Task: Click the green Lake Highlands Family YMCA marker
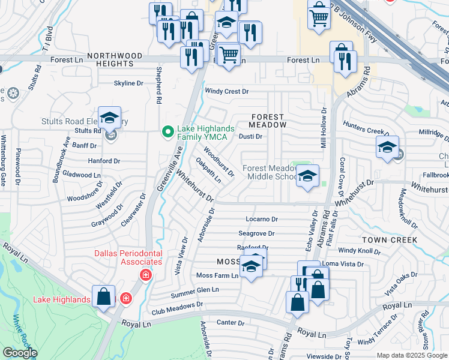click(x=169, y=130)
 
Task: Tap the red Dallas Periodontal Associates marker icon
click(x=145, y=275)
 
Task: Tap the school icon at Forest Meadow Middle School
click(x=307, y=176)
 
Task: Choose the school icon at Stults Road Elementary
click(x=109, y=118)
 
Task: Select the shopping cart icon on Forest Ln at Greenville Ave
click(x=228, y=55)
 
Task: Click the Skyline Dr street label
click(x=128, y=83)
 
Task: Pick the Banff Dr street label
click(x=84, y=145)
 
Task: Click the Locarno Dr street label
click(x=261, y=220)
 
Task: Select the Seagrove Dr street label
click(x=256, y=233)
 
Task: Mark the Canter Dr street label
click(x=231, y=323)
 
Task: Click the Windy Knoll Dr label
click(x=360, y=250)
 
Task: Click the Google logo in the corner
click(x=19, y=353)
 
